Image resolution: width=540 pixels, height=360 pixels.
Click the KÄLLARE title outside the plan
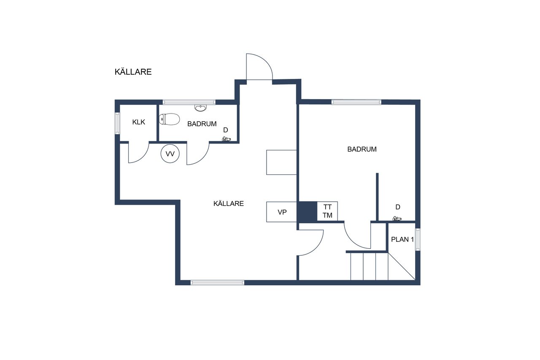tap(133, 72)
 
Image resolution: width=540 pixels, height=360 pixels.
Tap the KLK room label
tap(139, 122)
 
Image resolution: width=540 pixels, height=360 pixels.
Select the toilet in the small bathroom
tap(170, 119)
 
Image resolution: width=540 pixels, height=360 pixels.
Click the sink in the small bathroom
tap(200, 108)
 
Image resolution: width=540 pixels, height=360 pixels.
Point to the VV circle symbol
tap(170, 154)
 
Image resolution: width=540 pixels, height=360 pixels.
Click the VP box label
tap(282, 212)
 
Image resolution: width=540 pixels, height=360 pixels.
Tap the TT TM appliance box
tap(327, 211)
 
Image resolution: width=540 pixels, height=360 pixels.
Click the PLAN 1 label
tap(402, 239)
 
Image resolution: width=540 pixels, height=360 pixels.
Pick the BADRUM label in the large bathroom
tap(362, 149)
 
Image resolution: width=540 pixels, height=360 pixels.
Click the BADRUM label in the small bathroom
tap(202, 124)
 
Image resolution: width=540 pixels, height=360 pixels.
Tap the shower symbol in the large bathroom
tap(397, 219)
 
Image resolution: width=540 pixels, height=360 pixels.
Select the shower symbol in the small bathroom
tap(226, 139)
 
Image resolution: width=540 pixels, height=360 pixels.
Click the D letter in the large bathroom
tap(398, 207)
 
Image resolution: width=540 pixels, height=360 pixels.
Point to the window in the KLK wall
tap(117, 123)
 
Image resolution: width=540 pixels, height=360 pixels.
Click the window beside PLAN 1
tap(418, 239)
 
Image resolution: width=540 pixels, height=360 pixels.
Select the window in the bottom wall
tap(217, 283)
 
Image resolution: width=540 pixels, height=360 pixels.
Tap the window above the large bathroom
tap(356, 102)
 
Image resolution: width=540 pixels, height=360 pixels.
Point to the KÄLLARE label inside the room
tap(229, 203)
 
